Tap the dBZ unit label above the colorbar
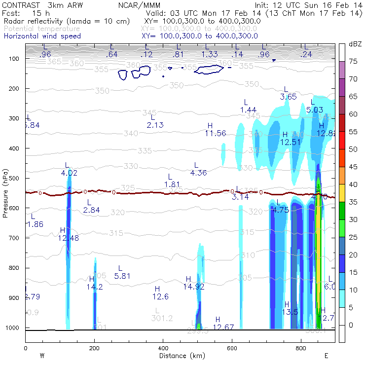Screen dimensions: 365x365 (x=355, y=44)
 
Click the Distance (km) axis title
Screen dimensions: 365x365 (x=180, y=356)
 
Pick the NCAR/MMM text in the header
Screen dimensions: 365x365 (x=138, y=5)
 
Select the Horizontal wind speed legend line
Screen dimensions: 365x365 (x=42, y=36)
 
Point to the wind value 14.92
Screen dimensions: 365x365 (x=194, y=287)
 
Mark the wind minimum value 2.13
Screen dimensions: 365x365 (x=155, y=125)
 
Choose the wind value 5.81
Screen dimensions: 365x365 (x=122, y=276)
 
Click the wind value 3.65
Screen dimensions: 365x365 (x=288, y=97)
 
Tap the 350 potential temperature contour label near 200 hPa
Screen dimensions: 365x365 (x=102, y=91)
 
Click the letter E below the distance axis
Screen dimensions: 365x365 (x=326, y=356)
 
